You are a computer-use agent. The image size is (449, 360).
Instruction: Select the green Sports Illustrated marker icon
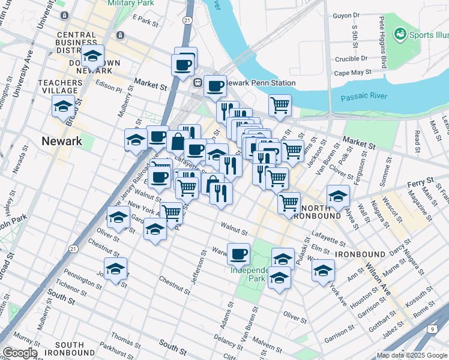pos(400,34)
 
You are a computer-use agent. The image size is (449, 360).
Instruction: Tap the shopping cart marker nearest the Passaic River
pos(280,105)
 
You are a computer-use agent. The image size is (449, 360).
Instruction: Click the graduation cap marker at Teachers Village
pos(63,106)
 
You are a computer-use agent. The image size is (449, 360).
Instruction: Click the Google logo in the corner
pos(19,353)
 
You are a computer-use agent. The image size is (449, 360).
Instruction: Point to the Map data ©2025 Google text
pos(412,355)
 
